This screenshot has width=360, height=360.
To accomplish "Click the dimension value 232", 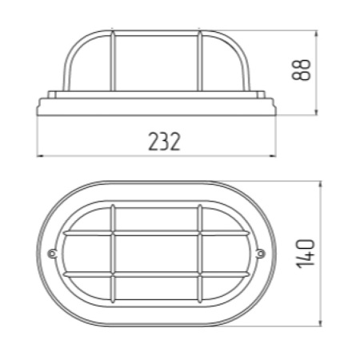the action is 164,142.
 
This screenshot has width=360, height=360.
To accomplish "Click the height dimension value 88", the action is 302,70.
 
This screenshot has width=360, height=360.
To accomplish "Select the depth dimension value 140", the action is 306,254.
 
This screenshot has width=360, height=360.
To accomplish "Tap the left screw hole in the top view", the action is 52,254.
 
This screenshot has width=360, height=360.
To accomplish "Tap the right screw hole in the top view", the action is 261,253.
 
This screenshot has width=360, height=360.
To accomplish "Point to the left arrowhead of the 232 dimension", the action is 39,156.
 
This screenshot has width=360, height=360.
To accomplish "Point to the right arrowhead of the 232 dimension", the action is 273,156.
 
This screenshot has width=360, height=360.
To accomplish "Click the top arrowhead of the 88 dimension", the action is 316,34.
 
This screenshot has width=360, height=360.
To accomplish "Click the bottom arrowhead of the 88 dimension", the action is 316,112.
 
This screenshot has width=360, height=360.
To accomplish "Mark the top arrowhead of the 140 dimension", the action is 320,184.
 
